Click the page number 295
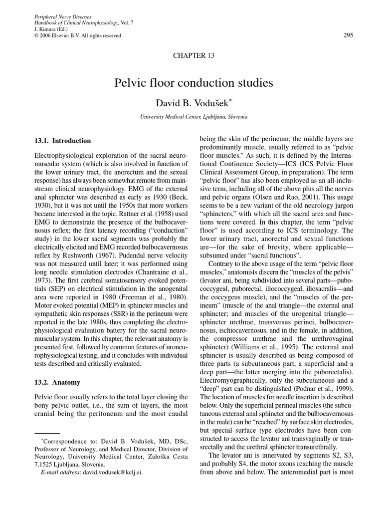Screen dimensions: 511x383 coord(349,34)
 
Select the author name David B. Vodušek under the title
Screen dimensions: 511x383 coord(191,103)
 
